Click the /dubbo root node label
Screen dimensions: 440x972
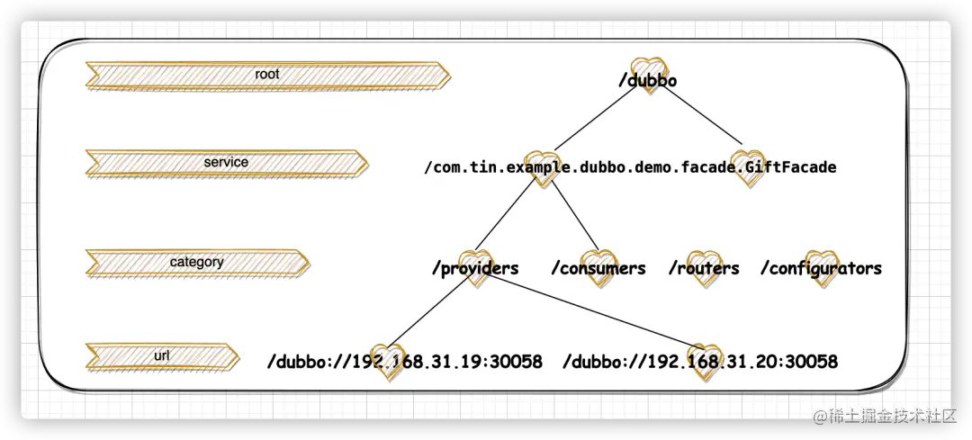[x=647, y=81]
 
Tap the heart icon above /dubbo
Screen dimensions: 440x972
[x=646, y=67]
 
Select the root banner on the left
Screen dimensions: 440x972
[x=266, y=76]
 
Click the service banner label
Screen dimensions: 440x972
[x=226, y=163]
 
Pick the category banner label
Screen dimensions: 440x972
[x=196, y=263]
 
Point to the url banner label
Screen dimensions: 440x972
[x=162, y=356]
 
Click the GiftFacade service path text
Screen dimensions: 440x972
[x=630, y=167]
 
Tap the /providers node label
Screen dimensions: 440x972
[x=475, y=268]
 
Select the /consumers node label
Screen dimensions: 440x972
[x=598, y=268]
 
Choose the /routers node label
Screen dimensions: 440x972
[x=704, y=268]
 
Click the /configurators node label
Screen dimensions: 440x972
[x=821, y=268]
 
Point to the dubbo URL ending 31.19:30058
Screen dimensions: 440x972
[x=404, y=362]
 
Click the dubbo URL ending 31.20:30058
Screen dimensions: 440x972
[x=700, y=362]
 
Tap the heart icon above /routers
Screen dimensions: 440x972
[x=704, y=261]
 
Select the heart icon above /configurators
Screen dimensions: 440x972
[x=820, y=261]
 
